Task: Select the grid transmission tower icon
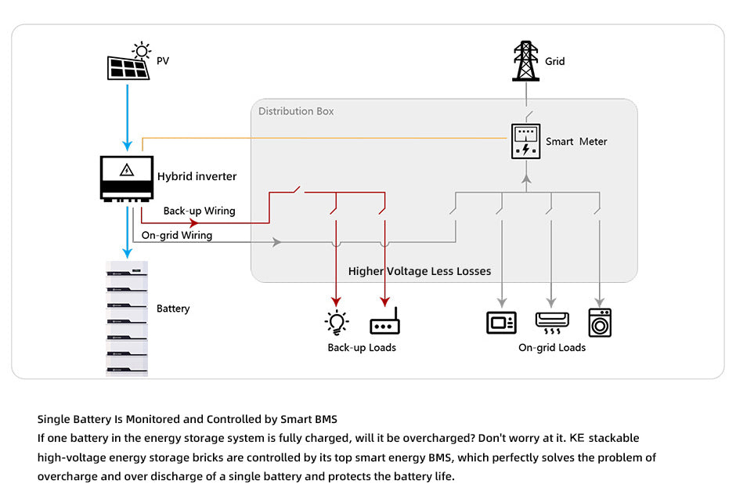pyautogui.click(x=526, y=61)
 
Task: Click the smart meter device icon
pyautogui.click(x=526, y=142)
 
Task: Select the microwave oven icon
pyautogui.click(x=501, y=322)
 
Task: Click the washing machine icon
pyautogui.click(x=600, y=322)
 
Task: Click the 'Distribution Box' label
pyautogui.click(x=296, y=111)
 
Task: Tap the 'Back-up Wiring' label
pyautogui.click(x=199, y=211)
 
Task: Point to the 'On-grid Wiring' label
pyautogui.click(x=177, y=235)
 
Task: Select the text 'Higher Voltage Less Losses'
pyautogui.click(x=420, y=271)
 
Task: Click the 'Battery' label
pyautogui.click(x=173, y=309)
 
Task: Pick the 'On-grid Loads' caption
pyautogui.click(x=552, y=348)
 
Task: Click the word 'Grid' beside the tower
pyautogui.click(x=555, y=61)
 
